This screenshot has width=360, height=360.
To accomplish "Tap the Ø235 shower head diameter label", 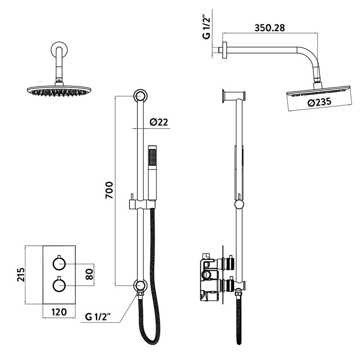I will pos(320,103).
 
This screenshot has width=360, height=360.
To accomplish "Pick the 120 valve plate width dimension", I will pos(59,312).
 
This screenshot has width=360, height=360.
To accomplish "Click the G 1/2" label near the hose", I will pos(98,317).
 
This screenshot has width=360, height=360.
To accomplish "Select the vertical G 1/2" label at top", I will pos(206,27).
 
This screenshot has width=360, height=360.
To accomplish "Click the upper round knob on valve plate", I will pos(59,264).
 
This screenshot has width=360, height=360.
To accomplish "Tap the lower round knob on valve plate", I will pos(59,286).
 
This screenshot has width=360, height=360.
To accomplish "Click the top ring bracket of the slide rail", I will pos(140,96).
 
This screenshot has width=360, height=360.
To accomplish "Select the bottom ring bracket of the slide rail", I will pos(140,285).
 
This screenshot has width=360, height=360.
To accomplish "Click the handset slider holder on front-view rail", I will pos(141,204).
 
